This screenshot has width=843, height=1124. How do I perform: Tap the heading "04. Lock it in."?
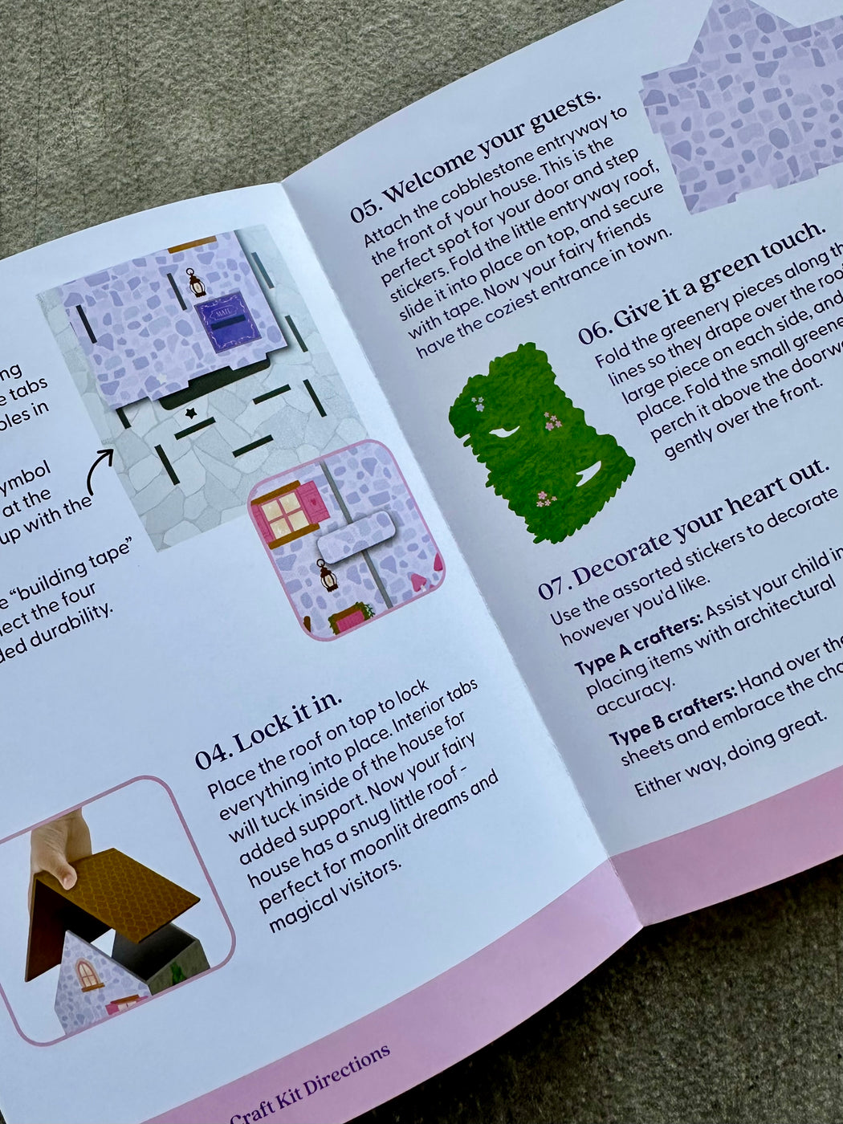[x=268, y=727]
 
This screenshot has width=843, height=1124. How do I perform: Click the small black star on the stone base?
[x=191, y=413]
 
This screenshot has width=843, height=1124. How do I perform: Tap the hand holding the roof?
[x=58, y=851]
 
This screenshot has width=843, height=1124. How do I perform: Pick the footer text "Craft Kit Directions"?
[x=310, y=1083]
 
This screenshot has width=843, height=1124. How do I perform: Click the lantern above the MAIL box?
[x=195, y=283]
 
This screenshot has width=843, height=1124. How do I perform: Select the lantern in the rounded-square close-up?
[x=327, y=575]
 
